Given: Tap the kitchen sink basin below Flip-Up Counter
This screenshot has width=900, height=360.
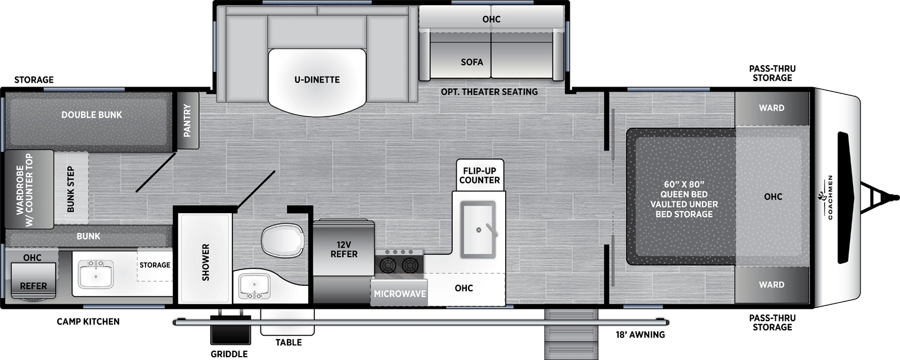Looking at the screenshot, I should (x=478, y=229).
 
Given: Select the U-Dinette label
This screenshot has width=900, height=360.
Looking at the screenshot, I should (x=317, y=80).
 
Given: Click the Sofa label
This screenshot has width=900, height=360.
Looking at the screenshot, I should (x=472, y=62).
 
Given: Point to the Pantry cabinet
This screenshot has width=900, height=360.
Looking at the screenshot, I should (x=187, y=120).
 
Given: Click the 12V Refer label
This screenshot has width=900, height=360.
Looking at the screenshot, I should (x=344, y=249).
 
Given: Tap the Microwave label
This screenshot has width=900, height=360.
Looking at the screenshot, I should (x=400, y=294).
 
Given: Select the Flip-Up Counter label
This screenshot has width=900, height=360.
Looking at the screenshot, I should (x=479, y=175).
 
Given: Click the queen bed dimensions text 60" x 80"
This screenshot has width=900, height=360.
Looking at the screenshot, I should (x=684, y=184).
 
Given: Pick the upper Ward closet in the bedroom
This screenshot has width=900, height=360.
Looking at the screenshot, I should (x=771, y=108).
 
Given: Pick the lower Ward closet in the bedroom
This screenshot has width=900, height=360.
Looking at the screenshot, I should (x=771, y=285).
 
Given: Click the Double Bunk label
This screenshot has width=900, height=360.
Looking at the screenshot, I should (x=92, y=115).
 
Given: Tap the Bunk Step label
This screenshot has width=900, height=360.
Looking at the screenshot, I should (x=71, y=189).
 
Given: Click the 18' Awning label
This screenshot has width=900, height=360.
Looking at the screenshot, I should (x=640, y=335).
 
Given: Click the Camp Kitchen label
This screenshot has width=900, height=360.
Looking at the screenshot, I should (x=88, y=322).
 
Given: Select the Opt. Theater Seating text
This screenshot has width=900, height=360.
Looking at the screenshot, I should (x=489, y=92).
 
